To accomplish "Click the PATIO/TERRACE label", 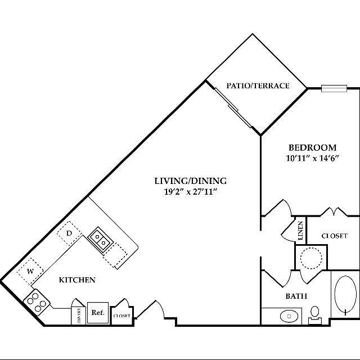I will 258,86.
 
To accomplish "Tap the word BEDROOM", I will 312,148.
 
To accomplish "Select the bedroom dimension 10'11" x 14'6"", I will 312,159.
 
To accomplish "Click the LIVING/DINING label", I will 190,181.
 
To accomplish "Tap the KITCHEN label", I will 77,280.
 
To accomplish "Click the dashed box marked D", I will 69,233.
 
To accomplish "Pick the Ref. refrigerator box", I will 97,313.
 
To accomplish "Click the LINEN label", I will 300,231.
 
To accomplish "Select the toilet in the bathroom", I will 316,313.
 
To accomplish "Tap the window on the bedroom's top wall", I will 333,88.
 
